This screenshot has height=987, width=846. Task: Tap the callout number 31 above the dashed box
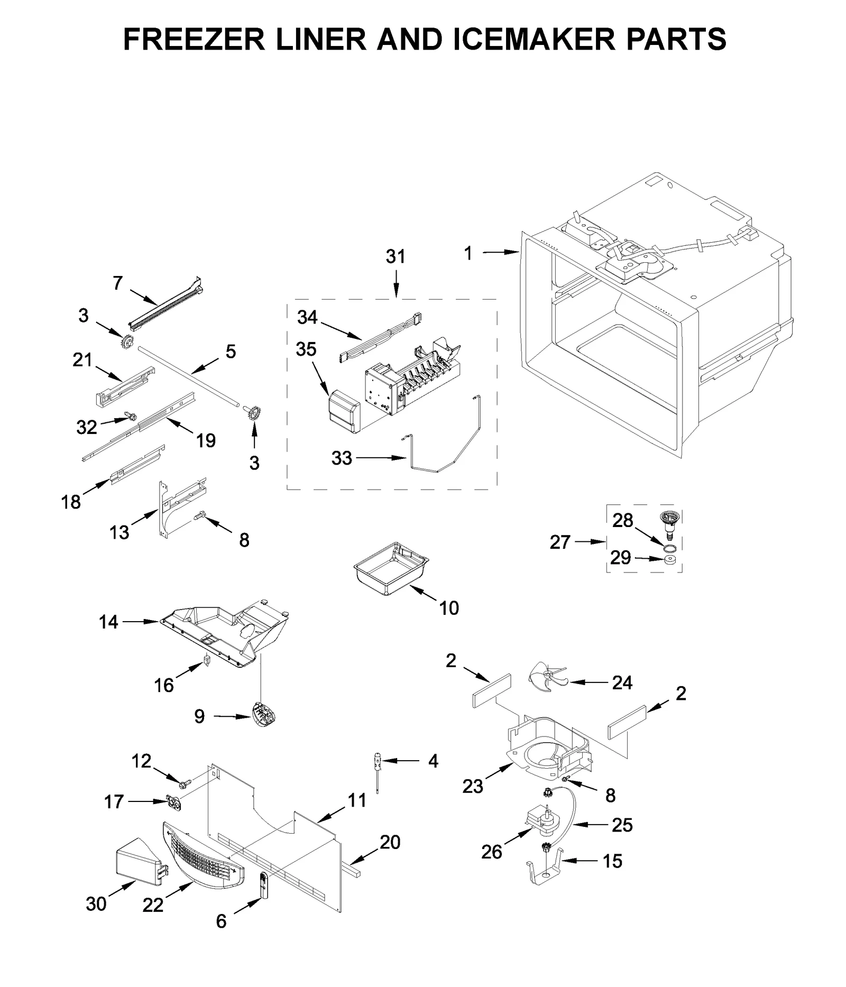coord(395,256)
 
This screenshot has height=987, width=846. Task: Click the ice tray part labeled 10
coord(390,569)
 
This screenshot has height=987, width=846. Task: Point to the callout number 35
coord(306,349)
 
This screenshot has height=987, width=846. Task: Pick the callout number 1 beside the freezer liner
coord(468,254)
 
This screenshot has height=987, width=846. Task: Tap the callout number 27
coord(560,542)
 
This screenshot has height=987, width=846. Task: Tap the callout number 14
coord(108,622)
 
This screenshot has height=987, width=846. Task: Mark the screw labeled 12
coord(185,785)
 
